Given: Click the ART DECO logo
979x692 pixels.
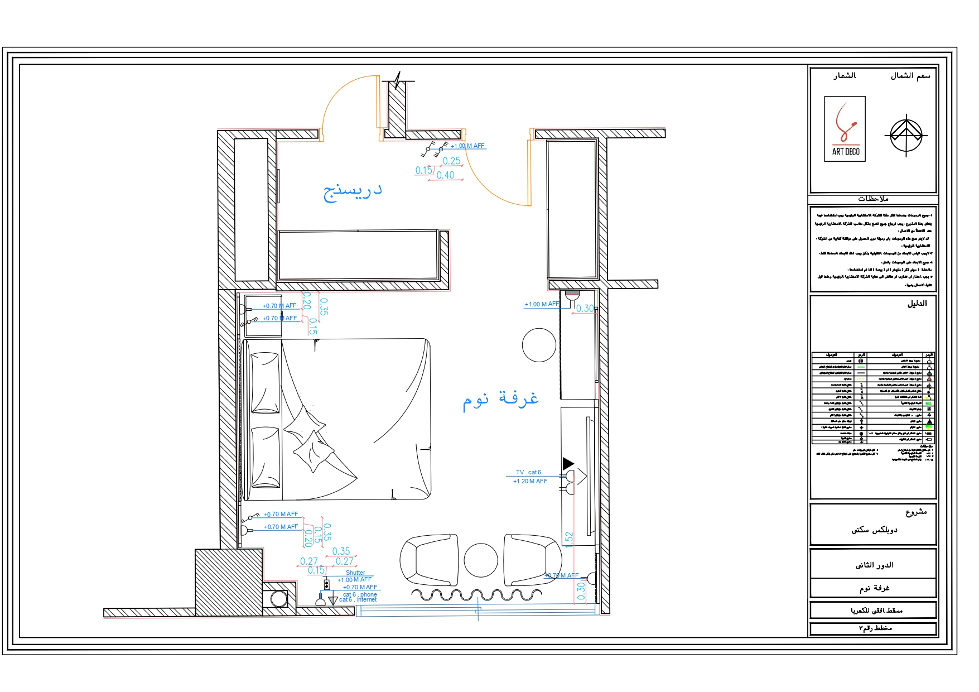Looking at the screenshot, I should pyautogui.click(x=845, y=129).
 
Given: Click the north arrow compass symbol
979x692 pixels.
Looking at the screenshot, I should pyautogui.click(x=906, y=134).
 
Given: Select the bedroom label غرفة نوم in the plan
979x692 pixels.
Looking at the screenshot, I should pyautogui.click(x=500, y=399).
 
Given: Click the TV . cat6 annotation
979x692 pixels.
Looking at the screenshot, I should pyautogui.click(x=528, y=472).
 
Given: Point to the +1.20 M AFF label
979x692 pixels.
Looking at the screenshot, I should pyautogui.click(x=530, y=481).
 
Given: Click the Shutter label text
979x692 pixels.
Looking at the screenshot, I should pyautogui.click(x=355, y=573).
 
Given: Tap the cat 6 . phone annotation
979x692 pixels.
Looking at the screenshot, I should pyautogui.click(x=360, y=594).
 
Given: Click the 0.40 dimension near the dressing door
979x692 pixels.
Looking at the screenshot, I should pyautogui.click(x=445, y=175).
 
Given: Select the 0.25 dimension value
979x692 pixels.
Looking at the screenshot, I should pyautogui.click(x=451, y=161).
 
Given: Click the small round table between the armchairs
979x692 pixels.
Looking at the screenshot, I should pyautogui.click(x=480, y=560).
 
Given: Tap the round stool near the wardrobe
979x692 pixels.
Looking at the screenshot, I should pyautogui.click(x=539, y=345).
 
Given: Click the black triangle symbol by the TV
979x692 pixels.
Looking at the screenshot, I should pyautogui.click(x=568, y=463).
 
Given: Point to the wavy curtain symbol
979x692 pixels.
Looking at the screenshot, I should pyautogui.click(x=477, y=595).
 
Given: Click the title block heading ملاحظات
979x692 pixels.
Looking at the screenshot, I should pyautogui.click(x=873, y=199).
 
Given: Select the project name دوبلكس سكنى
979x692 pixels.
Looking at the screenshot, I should pyautogui.click(x=874, y=530).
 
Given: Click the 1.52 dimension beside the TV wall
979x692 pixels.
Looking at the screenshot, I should pyautogui.click(x=569, y=539).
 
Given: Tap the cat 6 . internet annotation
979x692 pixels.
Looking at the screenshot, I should pyautogui.click(x=358, y=600).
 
